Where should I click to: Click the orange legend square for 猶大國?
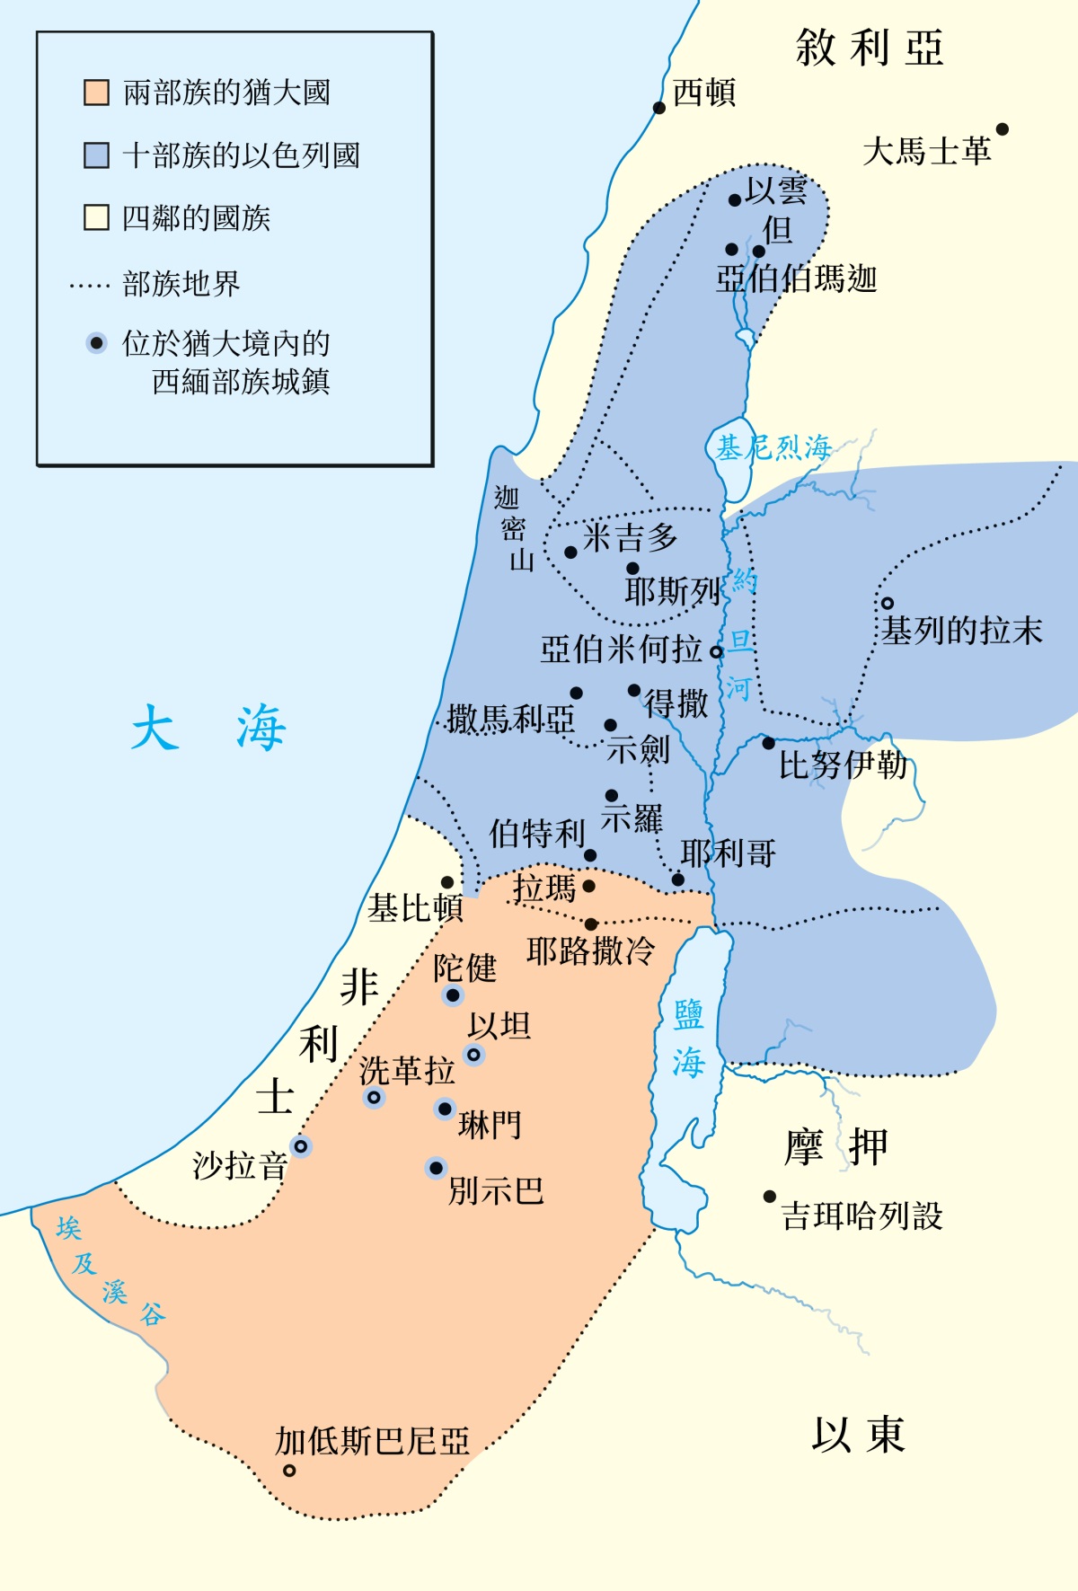[96, 93]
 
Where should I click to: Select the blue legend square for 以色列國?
[96, 155]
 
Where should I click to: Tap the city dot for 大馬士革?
[1003, 129]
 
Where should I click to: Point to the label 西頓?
[704, 92]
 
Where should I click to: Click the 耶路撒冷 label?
[590, 950]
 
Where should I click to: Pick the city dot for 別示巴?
[436, 1168]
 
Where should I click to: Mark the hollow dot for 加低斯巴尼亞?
[289, 1471]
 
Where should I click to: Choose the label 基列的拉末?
[961, 631]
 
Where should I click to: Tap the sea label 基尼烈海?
[773, 446]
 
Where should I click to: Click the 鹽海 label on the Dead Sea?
[689, 1039]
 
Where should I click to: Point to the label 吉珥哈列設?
[862, 1216]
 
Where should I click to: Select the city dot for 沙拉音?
[301, 1146]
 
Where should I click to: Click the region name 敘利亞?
[869, 48]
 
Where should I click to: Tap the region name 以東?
[858, 1435]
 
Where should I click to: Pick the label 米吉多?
[630, 537]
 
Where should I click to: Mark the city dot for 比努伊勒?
[768, 743]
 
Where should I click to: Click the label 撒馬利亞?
[510, 719]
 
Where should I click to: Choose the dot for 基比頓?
[447, 882]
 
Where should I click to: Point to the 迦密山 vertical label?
[514, 529]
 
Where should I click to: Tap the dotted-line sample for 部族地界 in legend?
[89, 287]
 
